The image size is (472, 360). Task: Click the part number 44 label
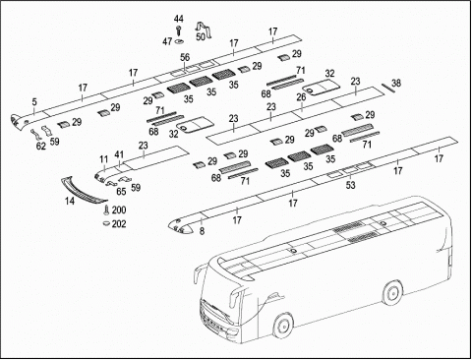pos(179,19)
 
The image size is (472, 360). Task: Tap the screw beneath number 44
pos(179,30)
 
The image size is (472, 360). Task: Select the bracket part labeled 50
pos(205,29)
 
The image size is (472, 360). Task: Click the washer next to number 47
pos(179,41)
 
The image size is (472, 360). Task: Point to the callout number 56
pos(185,57)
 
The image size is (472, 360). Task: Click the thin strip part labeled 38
pos(386,89)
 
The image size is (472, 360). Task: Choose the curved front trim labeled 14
pos(84,190)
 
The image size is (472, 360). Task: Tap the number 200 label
pos(119,210)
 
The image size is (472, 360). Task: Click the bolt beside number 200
pos(106,210)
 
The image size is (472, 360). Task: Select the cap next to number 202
pos(106,223)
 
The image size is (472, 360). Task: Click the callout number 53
pos(350,185)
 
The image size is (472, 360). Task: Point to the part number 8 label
pos(202,231)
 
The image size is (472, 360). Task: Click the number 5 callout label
pos(34,102)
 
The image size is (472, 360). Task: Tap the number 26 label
pos(301,97)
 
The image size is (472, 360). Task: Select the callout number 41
pos(119,154)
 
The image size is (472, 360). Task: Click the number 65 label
pos(121,192)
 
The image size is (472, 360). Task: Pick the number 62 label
pos(41,147)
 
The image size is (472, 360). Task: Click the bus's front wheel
pos(282,325)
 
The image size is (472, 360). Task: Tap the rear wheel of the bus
pos(392,293)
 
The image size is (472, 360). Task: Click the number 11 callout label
pos(104,159)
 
